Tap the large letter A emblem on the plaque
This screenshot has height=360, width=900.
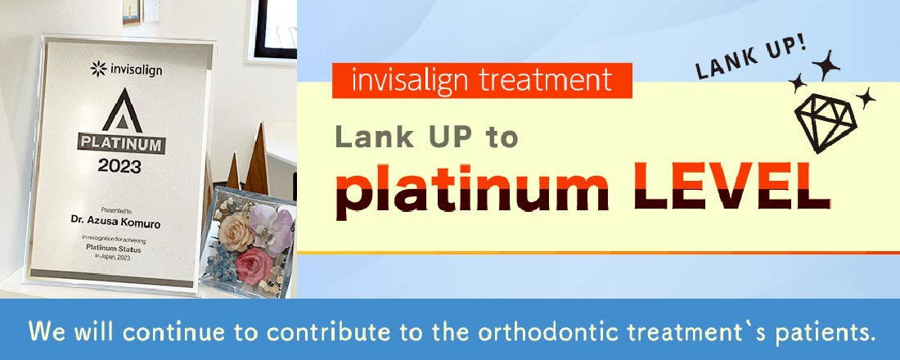coord(127,112)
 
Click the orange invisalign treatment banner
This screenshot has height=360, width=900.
coord(482,80)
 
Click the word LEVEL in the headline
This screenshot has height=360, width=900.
coord(731,190)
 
